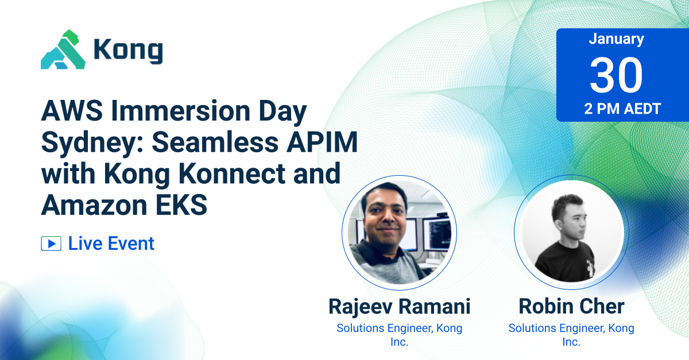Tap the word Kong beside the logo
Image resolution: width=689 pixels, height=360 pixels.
(128, 51)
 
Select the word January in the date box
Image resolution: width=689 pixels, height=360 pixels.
(616, 39)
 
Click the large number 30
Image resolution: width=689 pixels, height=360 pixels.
(616, 76)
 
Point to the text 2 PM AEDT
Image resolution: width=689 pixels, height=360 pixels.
(616, 109)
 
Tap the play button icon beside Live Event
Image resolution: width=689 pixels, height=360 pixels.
(51, 243)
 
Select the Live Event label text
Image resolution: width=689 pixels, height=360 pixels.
(111, 243)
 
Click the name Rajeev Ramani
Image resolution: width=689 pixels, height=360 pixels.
(399, 306)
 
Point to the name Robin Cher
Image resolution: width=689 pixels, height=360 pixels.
(571, 306)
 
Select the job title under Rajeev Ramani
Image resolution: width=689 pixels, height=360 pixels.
(399, 335)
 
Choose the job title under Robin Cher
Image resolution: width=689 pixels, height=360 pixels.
(571, 335)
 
